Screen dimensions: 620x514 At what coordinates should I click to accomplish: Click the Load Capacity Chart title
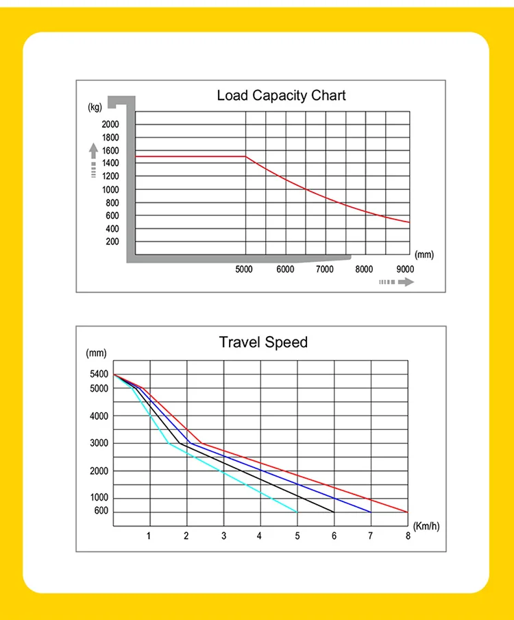(281, 95)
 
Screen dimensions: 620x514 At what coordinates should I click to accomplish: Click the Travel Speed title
(263, 342)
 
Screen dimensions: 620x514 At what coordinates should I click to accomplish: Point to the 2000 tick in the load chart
(110, 124)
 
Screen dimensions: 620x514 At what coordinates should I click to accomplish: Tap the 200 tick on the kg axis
(112, 241)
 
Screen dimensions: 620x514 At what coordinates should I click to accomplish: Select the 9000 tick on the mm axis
(405, 270)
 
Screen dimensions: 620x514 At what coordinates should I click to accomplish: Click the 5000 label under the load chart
(244, 270)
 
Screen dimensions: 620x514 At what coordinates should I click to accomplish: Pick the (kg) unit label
(95, 106)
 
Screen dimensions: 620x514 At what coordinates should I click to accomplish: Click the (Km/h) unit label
(426, 526)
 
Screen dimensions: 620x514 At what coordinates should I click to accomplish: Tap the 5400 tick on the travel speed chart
(99, 374)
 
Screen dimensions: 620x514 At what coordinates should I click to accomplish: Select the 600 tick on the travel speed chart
(101, 512)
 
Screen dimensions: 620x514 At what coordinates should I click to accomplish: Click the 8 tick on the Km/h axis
(408, 536)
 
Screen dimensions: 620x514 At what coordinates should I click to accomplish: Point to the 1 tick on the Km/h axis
(149, 536)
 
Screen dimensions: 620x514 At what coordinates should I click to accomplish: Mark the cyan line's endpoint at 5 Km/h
(297, 512)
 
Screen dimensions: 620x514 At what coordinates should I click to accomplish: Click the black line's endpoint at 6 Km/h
(334, 512)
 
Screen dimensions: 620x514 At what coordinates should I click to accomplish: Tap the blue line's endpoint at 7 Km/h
(371, 512)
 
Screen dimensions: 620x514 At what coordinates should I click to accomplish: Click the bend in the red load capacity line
(246, 157)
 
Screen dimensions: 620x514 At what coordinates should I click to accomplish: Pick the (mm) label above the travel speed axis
(97, 353)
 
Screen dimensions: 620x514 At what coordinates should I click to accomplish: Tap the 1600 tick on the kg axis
(110, 150)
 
